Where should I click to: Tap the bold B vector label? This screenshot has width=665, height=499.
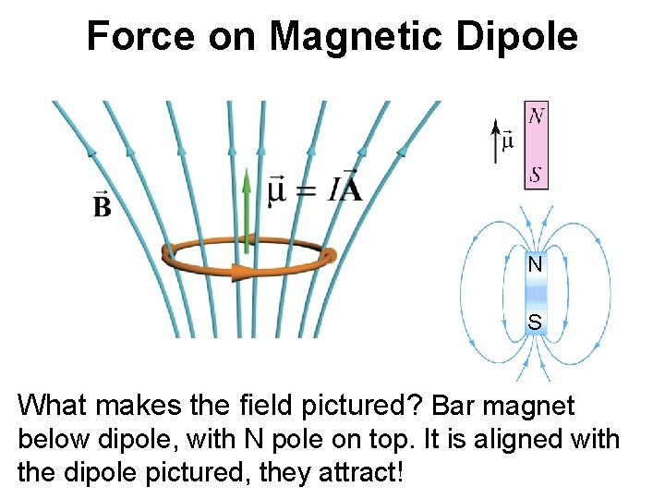(102, 205)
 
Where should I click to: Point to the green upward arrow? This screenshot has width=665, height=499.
(247, 203)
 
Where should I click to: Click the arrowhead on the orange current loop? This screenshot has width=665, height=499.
(243, 272)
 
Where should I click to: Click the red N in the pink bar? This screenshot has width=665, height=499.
(536, 116)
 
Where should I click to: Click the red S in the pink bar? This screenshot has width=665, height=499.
(536, 174)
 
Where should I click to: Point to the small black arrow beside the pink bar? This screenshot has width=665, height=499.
(498, 140)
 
